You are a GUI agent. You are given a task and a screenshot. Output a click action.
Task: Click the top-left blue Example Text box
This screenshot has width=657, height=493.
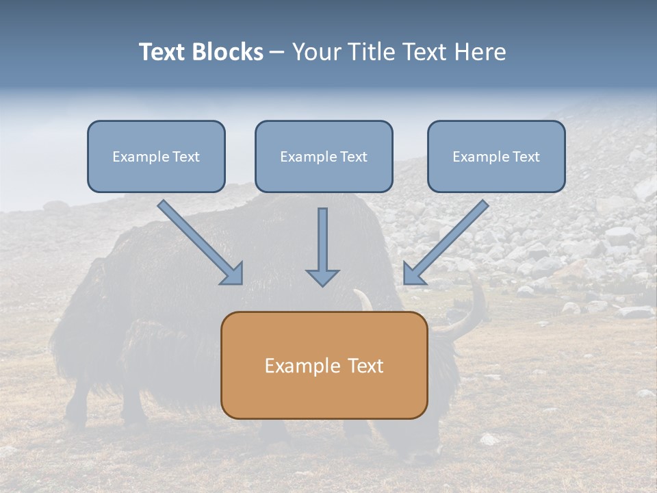click(156, 156)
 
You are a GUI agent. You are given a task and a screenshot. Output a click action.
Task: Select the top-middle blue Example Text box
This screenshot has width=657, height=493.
click(324, 156)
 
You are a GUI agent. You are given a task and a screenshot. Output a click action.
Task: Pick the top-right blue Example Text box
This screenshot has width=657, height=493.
click(496, 156)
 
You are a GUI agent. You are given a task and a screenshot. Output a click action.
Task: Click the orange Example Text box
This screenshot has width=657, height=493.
click(324, 365)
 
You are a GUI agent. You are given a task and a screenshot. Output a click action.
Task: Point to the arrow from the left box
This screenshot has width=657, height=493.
click(198, 240)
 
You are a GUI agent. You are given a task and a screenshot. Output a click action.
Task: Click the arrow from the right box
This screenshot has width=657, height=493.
click(448, 240)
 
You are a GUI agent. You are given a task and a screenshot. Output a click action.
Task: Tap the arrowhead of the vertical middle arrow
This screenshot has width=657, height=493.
click(322, 277)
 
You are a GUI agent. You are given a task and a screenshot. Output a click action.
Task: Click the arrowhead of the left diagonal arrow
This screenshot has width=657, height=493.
click(233, 274)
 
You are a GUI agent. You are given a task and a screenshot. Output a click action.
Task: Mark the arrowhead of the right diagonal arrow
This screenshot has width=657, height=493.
click(413, 274)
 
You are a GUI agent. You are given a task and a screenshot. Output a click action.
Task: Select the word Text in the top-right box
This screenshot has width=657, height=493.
click(526, 157)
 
